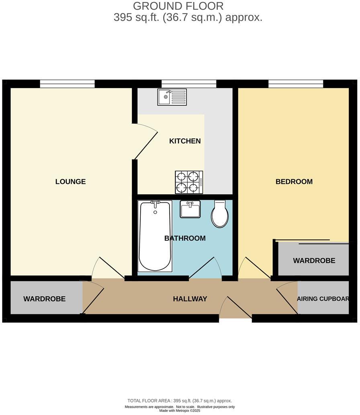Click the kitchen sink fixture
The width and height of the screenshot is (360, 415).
(x=172, y=97)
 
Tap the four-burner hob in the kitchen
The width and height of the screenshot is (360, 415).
(x=189, y=182)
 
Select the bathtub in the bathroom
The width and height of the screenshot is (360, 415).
(x=155, y=236)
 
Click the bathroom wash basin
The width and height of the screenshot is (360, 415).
(x=190, y=210)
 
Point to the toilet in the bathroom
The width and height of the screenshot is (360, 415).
(x=220, y=214)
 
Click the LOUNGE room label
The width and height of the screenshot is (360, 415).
(x=71, y=182)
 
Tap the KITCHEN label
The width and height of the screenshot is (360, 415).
(x=185, y=141)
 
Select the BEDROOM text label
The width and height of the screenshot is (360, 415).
(x=294, y=182)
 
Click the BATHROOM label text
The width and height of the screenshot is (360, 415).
(x=185, y=238)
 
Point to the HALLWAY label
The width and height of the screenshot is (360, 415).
(x=190, y=299)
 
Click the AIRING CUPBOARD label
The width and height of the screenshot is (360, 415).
(x=323, y=299)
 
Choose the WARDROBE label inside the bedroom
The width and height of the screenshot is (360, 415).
(x=314, y=261)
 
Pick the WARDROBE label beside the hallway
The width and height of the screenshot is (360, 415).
(x=44, y=299)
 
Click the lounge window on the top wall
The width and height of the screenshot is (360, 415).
(x=67, y=84)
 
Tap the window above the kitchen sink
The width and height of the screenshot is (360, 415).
(x=189, y=84)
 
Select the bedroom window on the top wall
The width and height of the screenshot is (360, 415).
(x=296, y=84)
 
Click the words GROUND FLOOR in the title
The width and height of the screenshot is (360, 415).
(x=178, y=6)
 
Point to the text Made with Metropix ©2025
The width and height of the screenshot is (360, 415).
(x=180, y=411)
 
